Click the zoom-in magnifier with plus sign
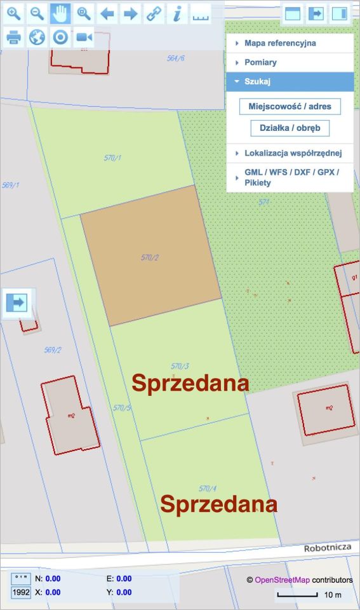(x=14, y=13)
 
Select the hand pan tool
(x=61, y=13)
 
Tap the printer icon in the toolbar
(x=14, y=37)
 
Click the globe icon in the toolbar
(x=37, y=37)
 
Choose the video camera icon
(x=84, y=37)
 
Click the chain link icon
(x=154, y=13)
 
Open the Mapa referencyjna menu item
(x=280, y=43)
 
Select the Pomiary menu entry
(x=260, y=63)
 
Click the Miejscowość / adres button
(x=290, y=106)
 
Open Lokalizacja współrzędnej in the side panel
(x=293, y=153)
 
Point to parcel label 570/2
(x=150, y=257)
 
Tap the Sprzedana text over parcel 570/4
(x=218, y=504)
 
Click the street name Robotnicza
(x=328, y=547)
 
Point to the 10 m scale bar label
(x=333, y=595)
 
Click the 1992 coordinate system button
(x=21, y=592)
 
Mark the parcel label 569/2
(x=53, y=350)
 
